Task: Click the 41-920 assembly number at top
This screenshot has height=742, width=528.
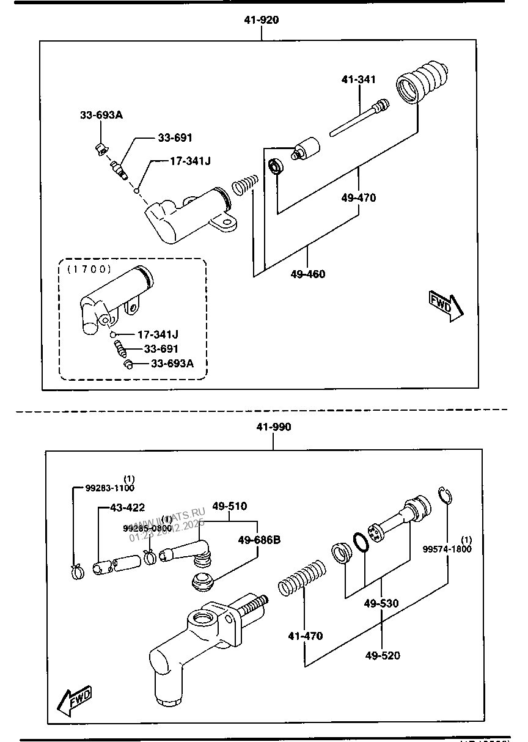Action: (261, 20)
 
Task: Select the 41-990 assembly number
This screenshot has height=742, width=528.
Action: (273, 427)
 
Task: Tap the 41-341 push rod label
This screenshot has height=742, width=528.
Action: (358, 79)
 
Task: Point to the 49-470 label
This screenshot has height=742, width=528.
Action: (358, 198)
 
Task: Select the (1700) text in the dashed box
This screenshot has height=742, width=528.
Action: (85, 268)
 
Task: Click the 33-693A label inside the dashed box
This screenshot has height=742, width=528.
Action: (172, 364)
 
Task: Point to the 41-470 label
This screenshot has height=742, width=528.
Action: (305, 636)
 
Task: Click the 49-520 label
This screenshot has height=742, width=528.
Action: (383, 656)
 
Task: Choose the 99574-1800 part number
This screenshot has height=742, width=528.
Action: (447, 549)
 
